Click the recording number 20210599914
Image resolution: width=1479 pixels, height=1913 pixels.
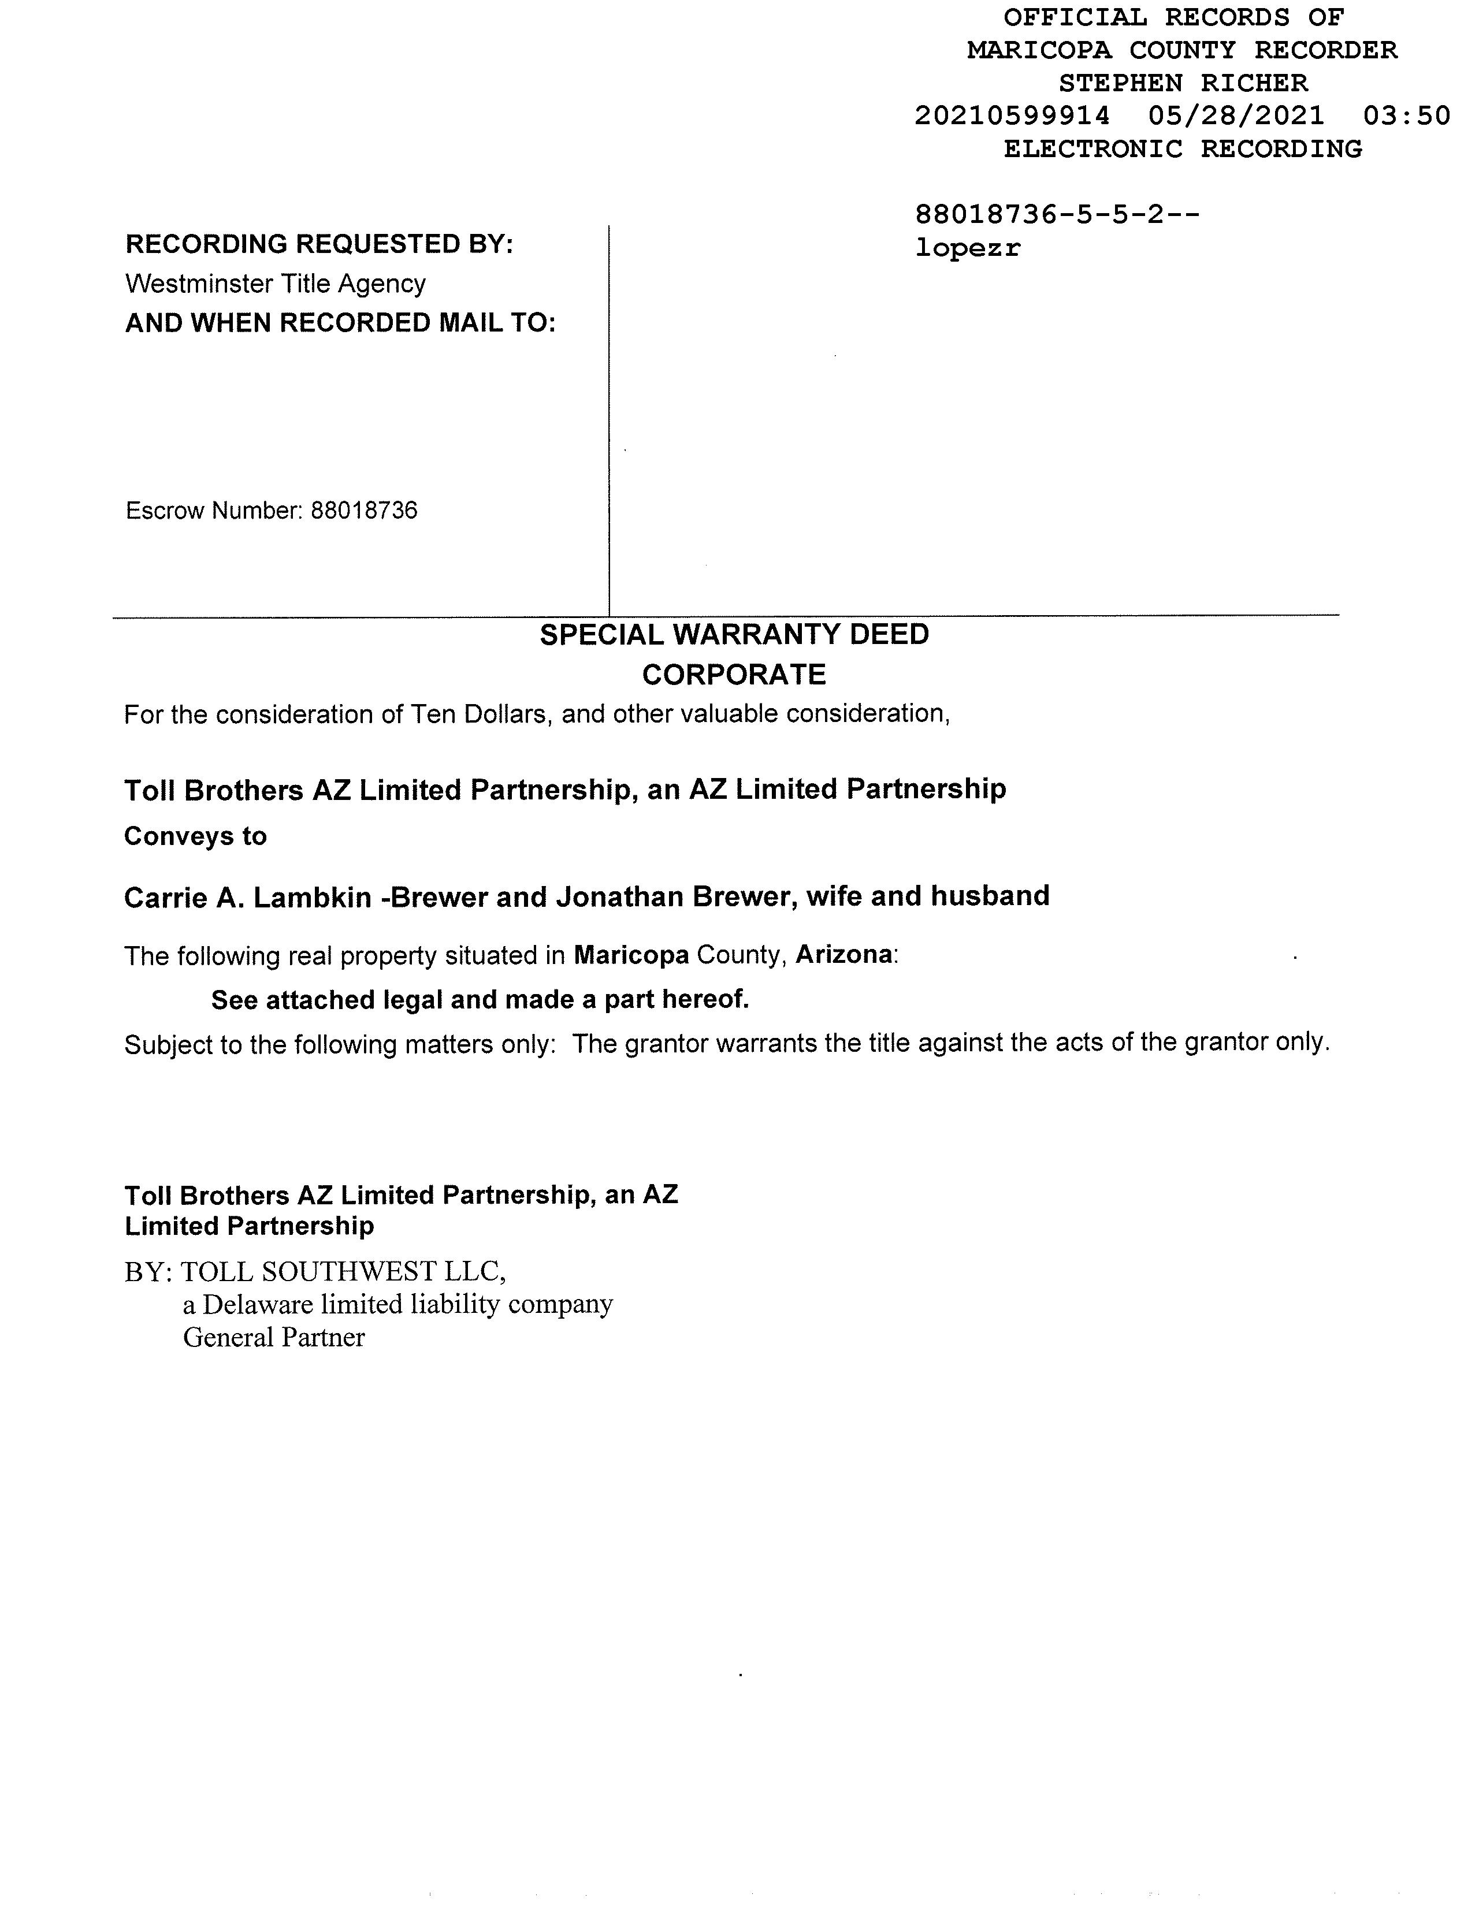1012,116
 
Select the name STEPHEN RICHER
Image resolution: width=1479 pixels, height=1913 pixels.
1183,83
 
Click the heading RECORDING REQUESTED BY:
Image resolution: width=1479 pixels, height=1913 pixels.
319,244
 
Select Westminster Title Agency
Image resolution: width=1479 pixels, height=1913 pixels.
275,284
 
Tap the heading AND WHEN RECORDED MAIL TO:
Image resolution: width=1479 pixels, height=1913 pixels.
340,323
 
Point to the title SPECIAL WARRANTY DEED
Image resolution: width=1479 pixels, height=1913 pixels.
734,634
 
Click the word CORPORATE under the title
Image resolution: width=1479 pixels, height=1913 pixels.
734,675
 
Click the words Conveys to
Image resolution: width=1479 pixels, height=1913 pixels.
195,836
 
